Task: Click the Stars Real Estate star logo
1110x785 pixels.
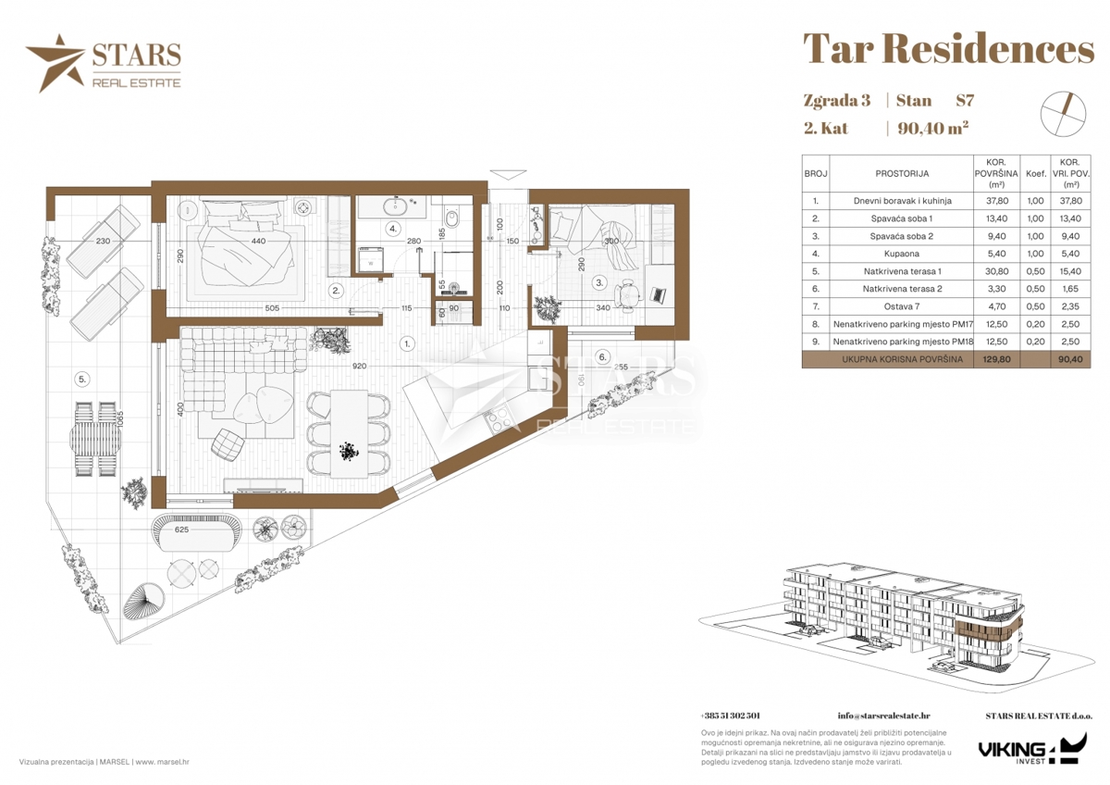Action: tap(55, 62)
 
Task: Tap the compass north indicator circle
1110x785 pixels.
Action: tap(1063, 114)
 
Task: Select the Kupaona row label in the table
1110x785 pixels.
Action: tap(901, 254)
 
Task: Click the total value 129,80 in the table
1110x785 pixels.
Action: tap(996, 359)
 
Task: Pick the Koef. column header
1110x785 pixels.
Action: tap(1036, 173)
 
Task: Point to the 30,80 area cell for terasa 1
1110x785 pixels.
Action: tap(996, 271)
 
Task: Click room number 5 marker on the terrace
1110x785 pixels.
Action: tap(82, 380)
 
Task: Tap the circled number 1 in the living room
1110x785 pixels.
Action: tap(407, 343)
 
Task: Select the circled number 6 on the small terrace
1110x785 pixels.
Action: tap(602, 356)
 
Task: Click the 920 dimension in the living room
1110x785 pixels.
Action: tap(359, 366)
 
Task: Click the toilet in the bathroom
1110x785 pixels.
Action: tap(451, 217)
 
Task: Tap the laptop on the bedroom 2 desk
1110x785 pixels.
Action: tap(658, 294)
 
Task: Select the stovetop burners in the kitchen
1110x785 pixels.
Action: tap(498, 421)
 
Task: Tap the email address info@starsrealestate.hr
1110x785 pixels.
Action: tap(883, 716)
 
